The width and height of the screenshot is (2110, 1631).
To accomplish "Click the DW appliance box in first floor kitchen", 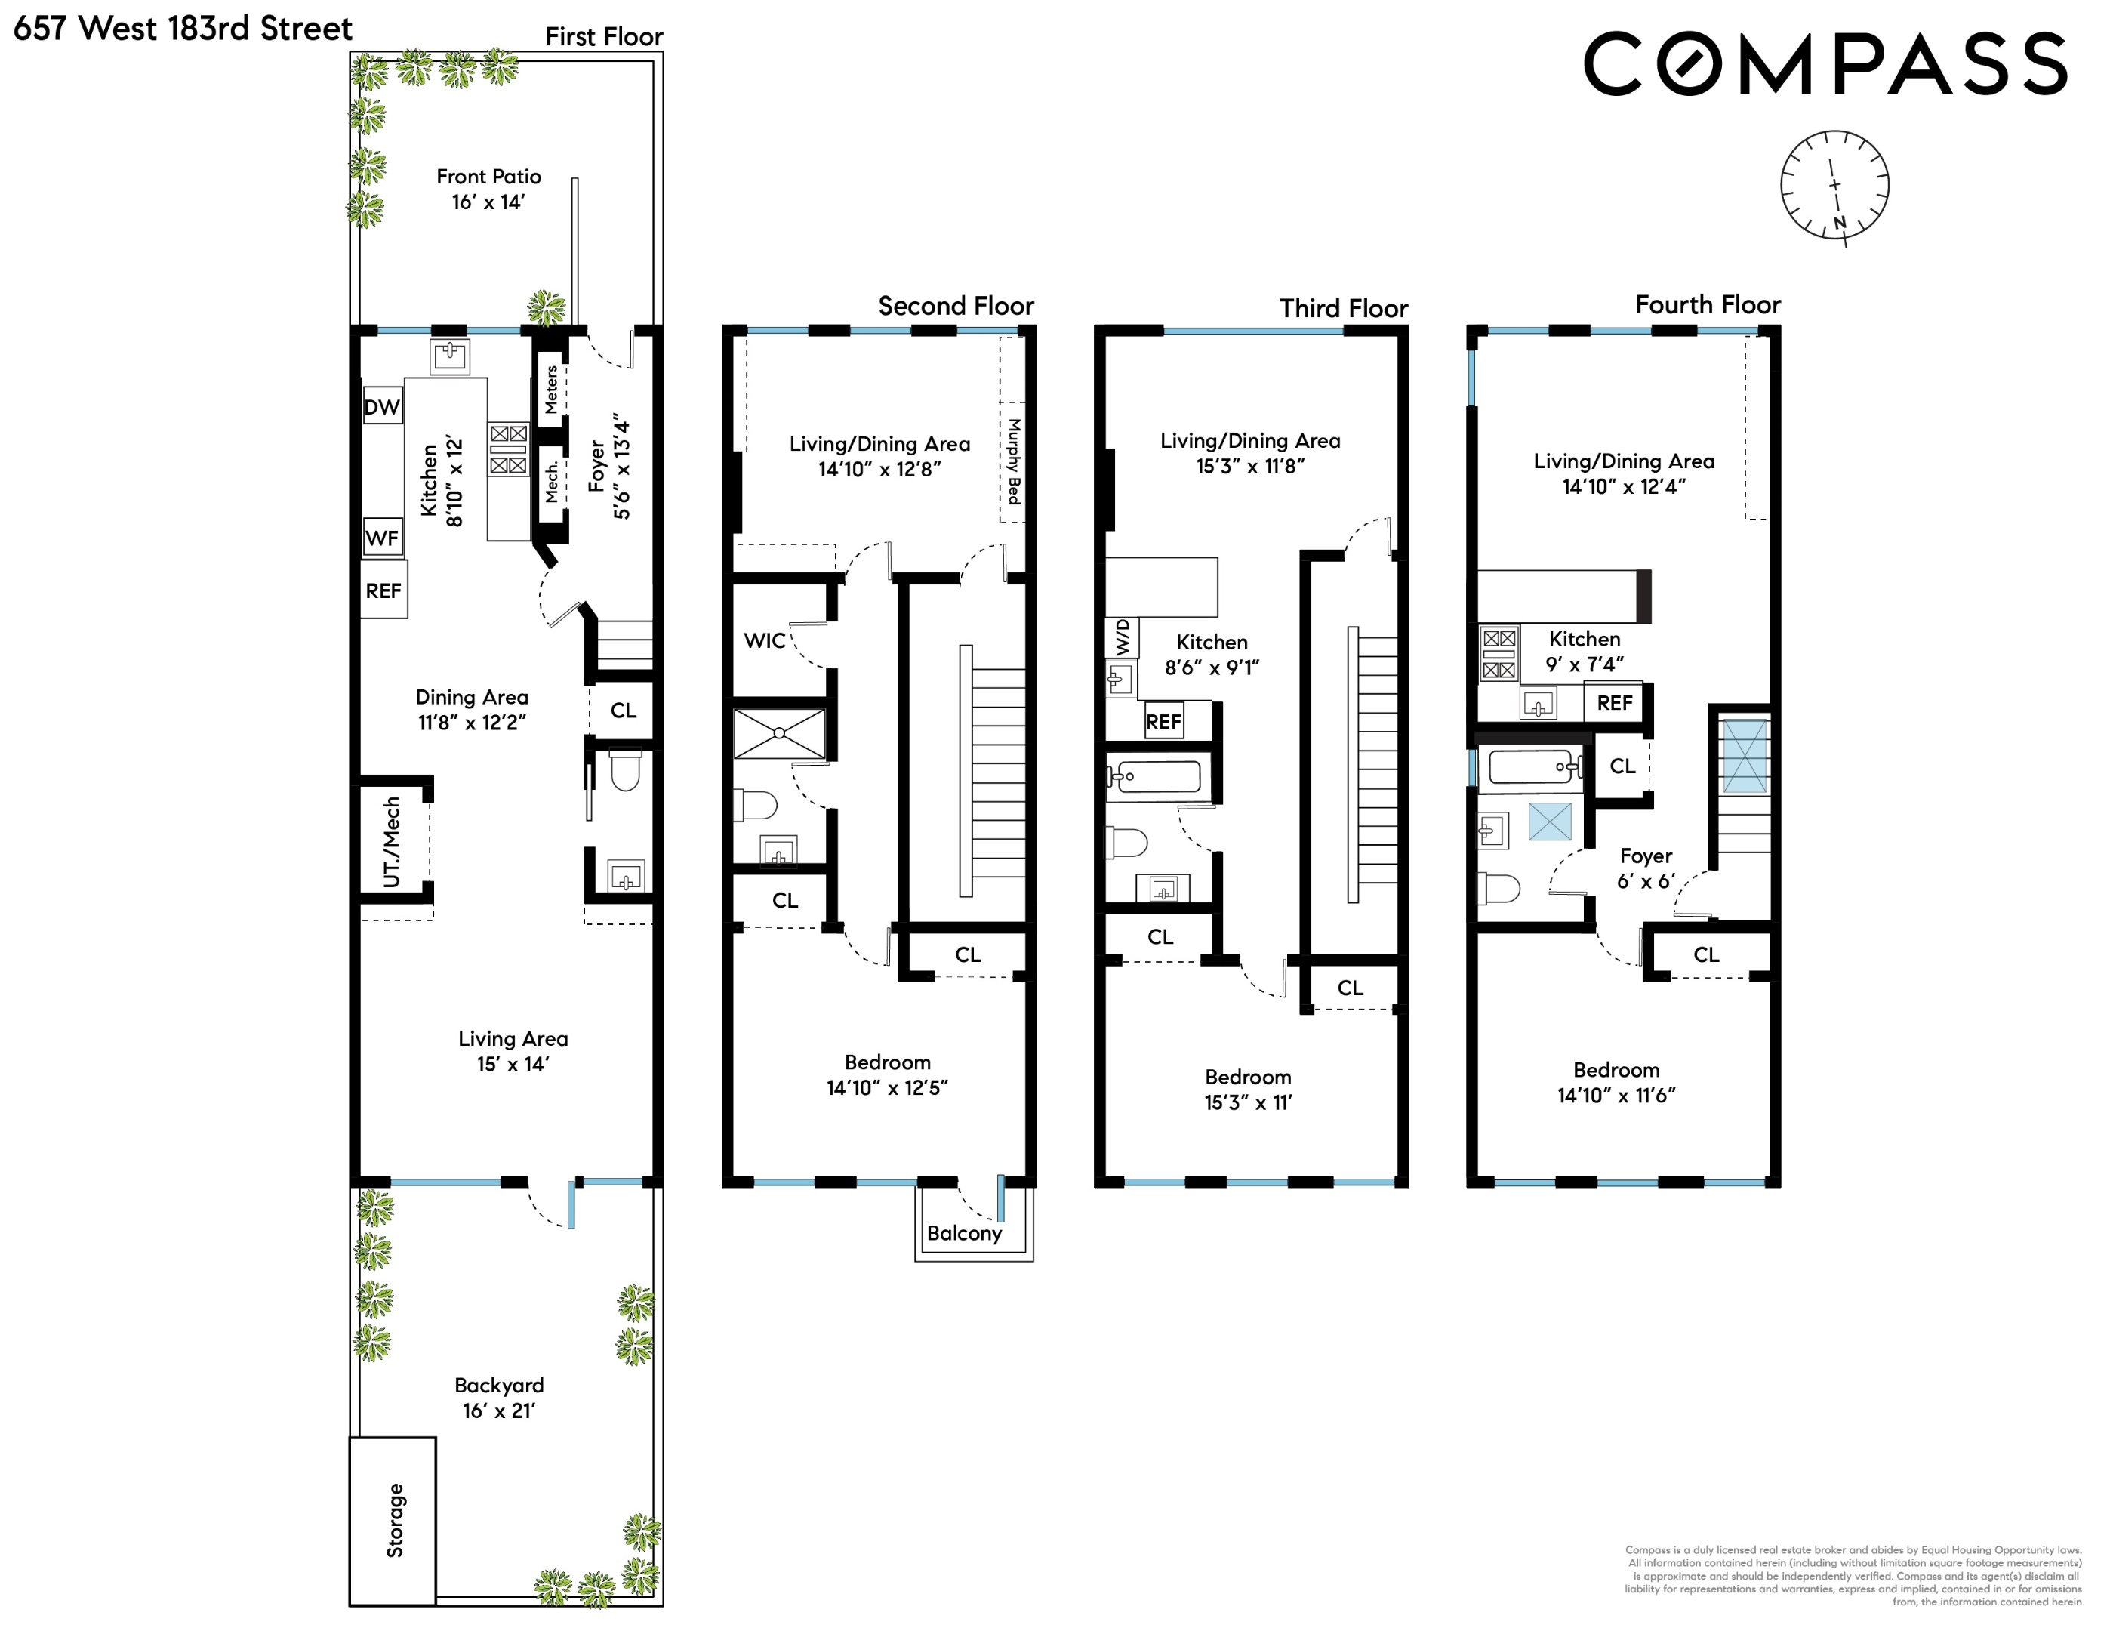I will pyautogui.click(x=383, y=407).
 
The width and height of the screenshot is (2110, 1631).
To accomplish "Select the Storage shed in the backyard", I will pyautogui.click(x=393, y=1520).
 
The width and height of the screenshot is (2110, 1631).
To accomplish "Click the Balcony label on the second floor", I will pyautogui.click(x=964, y=1234).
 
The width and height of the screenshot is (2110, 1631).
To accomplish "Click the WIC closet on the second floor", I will pyautogui.click(x=765, y=640).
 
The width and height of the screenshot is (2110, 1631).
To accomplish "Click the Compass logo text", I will pyautogui.click(x=1825, y=63).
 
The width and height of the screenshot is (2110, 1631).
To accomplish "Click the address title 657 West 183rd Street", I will pyautogui.click(x=183, y=28).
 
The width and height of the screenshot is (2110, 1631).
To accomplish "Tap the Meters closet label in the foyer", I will pyautogui.click(x=550, y=390).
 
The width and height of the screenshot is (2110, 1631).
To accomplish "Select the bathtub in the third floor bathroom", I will pyautogui.click(x=1157, y=776).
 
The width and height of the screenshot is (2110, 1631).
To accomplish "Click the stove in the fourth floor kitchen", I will pyautogui.click(x=1499, y=654).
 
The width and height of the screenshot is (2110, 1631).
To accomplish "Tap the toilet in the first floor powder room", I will pyautogui.click(x=625, y=771).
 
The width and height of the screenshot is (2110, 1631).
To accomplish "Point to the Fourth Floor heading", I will pyautogui.click(x=1707, y=305).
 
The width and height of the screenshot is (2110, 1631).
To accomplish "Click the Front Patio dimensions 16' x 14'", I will pyautogui.click(x=488, y=202).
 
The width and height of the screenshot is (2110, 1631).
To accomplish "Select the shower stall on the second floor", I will pyautogui.click(x=780, y=733).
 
